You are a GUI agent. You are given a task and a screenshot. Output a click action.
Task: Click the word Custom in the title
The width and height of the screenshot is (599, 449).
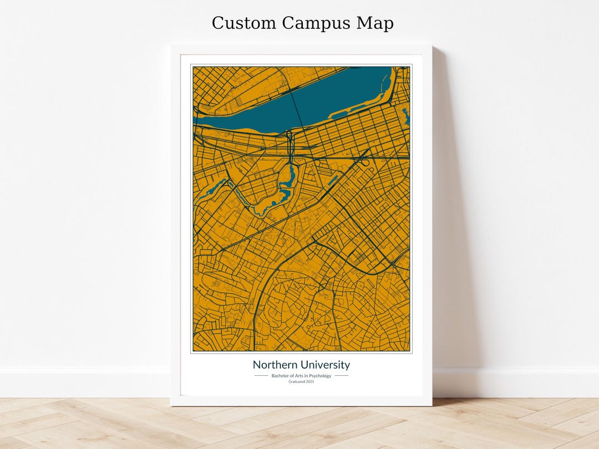243,23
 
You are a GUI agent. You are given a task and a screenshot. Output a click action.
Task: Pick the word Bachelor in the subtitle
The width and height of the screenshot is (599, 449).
281,376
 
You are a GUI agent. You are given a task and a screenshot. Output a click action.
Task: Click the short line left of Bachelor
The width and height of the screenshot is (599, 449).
261,376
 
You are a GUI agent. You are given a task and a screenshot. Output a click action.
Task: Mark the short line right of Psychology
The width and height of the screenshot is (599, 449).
342,376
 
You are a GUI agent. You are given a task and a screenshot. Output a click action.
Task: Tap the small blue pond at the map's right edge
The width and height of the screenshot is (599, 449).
405,116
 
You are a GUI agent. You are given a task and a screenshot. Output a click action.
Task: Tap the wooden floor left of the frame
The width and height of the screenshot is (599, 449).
83,421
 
